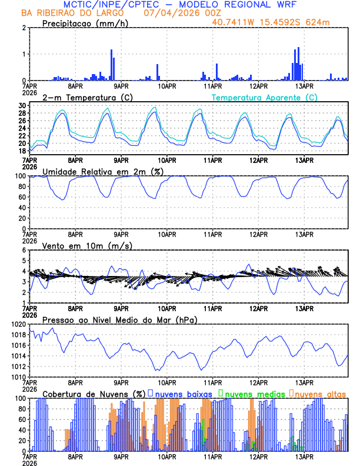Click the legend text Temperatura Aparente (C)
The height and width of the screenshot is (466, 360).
click(x=264, y=97)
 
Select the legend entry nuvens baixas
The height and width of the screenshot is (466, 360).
click(x=184, y=393)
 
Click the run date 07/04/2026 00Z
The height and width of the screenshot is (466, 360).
click(x=170, y=12)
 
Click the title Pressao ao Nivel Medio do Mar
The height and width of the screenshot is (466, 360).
click(x=119, y=319)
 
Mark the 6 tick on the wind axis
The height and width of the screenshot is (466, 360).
click(x=24, y=250)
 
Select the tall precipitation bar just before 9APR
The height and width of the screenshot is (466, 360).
click(x=111, y=65)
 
